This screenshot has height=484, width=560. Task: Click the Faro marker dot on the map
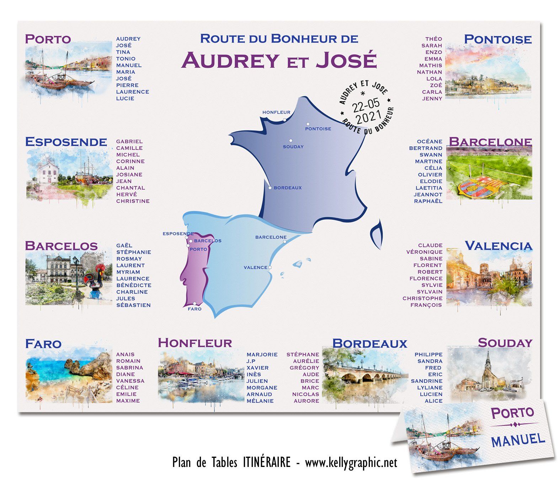coord(195,304)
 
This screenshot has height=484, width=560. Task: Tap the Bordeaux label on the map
coord(288,187)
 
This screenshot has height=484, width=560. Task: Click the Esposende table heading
coord(66,142)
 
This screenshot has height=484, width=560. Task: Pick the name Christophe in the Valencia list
coord(422,298)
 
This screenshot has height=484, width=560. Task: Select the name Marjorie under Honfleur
coord(262,354)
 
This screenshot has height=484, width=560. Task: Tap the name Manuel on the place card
coord(518,440)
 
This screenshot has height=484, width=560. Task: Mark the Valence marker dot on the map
coord(270,267)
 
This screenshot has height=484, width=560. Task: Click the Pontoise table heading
coord(498,39)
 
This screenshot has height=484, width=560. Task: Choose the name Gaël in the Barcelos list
coord(124,245)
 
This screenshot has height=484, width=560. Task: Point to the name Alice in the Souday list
coord(433,401)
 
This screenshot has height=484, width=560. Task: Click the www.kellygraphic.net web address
coord(351,463)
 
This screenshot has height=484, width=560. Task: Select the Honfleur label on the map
coord(276,112)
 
